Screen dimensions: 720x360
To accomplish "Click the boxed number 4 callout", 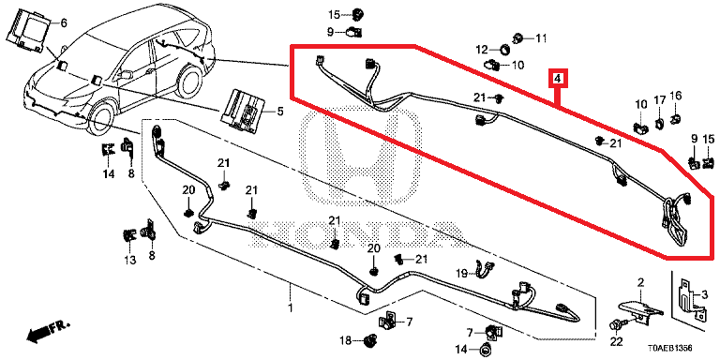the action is (557, 79).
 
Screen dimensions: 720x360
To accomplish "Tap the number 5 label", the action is (280, 112).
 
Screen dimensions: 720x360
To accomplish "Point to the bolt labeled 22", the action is (615, 325).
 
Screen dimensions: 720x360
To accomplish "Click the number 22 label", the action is (615, 341).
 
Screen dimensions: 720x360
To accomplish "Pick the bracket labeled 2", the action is (639, 309).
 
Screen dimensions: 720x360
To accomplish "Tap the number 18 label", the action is (345, 340).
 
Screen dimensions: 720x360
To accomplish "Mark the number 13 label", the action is (130, 261).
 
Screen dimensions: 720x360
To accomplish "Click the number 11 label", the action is (542, 38).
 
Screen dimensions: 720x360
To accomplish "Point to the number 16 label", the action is (676, 96).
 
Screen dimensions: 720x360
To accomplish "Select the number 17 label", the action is (659, 100).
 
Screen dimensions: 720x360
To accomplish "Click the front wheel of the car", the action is (100, 119).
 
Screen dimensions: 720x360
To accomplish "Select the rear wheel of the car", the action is (189, 82).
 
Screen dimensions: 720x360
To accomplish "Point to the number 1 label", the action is (291, 307).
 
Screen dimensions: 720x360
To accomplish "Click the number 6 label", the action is (64, 22).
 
